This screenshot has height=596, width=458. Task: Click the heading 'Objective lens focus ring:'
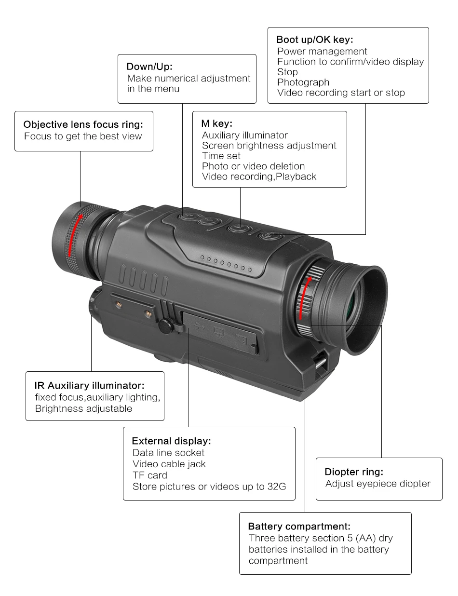point(83,124)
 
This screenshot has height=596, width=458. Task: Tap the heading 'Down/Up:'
point(149,67)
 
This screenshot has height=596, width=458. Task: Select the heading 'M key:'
point(217,123)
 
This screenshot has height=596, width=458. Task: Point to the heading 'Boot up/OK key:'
point(315,40)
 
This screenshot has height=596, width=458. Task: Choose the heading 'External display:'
point(171,441)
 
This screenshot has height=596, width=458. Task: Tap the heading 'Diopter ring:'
point(354,472)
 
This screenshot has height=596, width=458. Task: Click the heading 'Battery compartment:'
point(299,526)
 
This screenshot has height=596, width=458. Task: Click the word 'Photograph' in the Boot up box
point(303,82)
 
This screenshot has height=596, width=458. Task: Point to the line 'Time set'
point(221,156)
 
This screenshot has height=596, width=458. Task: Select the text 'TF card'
point(149,475)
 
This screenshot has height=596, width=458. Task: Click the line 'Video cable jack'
point(169,464)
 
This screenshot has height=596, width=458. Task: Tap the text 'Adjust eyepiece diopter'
point(377,484)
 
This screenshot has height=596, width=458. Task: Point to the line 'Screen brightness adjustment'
point(269,145)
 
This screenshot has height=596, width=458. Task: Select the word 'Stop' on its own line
point(287,72)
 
